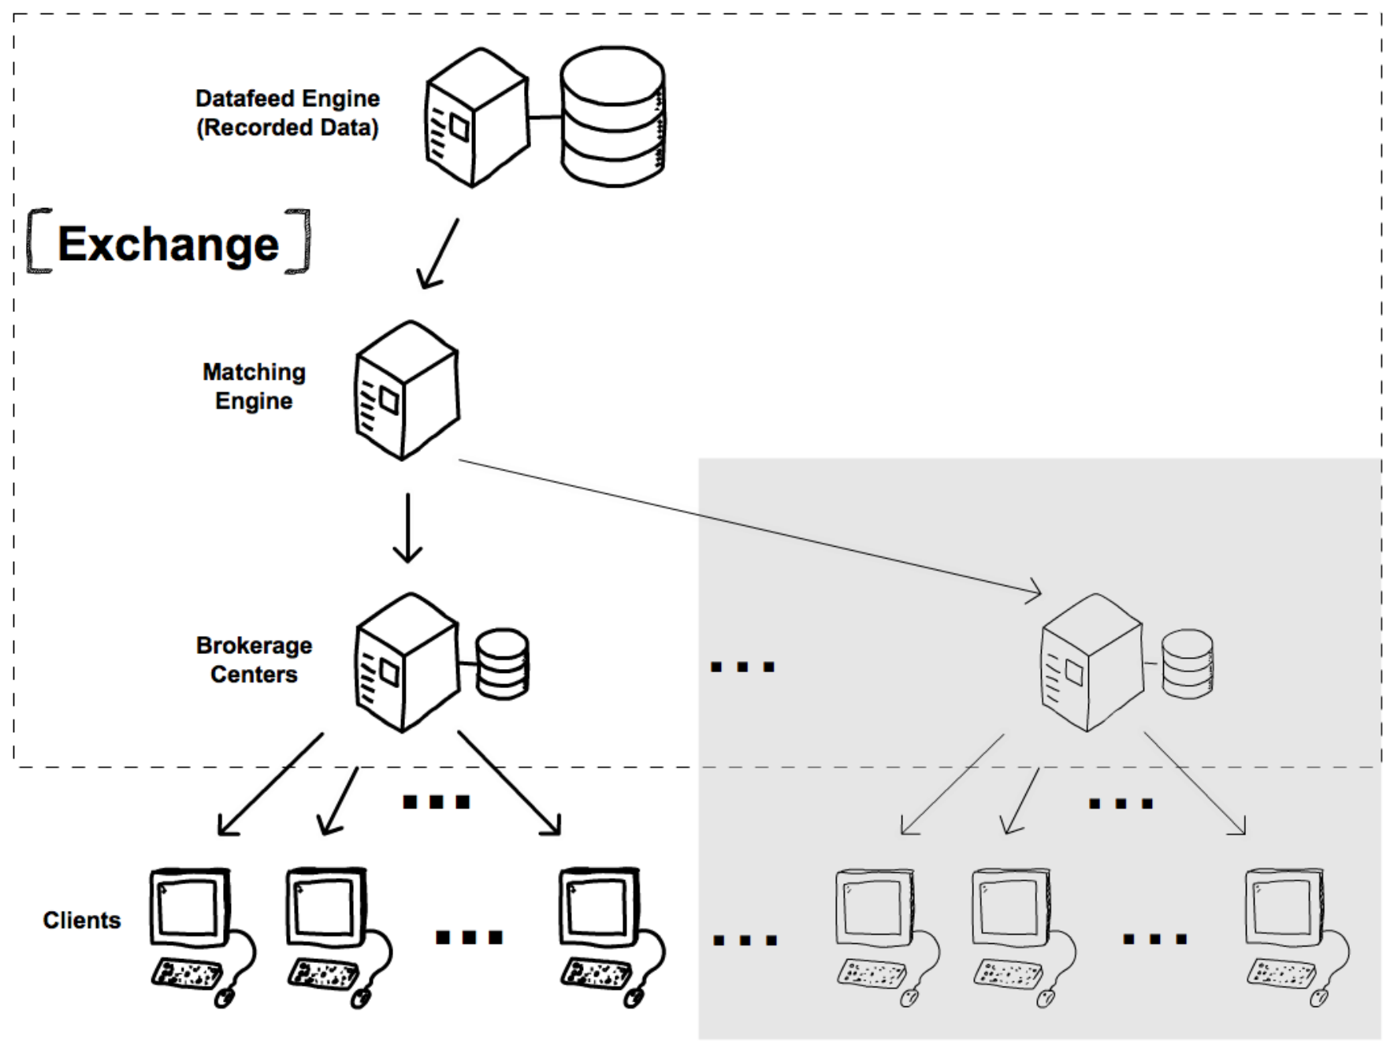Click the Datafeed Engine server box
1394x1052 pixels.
[477, 117]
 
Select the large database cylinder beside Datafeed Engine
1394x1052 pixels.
[612, 117]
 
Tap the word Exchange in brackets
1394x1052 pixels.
[169, 243]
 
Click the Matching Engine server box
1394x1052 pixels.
[407, 390]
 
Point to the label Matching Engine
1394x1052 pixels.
[254, 386]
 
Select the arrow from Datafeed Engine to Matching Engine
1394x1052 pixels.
[438, 254]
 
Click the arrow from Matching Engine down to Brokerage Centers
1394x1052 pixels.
[407, 528]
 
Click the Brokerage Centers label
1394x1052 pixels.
[254, 660]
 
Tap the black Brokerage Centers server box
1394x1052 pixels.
[407, 663]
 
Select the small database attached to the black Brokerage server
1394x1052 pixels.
[503, 664]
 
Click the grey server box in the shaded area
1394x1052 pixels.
[1091, 663]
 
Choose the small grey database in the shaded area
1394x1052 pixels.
[1188, 664]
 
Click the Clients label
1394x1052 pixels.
[82, 920]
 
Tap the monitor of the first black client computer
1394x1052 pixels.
[190, 907]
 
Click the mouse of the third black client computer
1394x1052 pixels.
[633, 998]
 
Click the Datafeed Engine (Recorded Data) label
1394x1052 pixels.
[288, 113]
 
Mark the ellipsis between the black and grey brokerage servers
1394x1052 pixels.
[742, 667]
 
